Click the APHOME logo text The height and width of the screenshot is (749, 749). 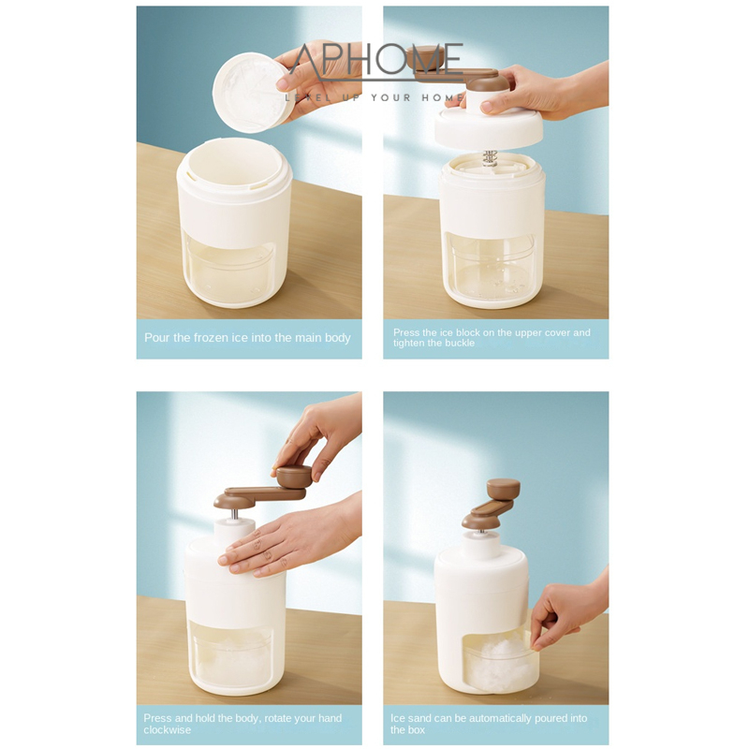click(377, 60)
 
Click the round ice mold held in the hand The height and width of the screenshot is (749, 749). click(251, 93)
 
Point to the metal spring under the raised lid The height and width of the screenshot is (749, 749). click(489, 158)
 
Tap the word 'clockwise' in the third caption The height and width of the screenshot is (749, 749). click(168, 730)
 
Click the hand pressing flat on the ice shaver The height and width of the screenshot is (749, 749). click(289, 542)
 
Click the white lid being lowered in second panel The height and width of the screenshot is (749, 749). click(488, 128)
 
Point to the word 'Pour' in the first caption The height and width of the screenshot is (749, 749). click(156, 338)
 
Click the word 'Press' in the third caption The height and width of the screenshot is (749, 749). click(157, 718)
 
